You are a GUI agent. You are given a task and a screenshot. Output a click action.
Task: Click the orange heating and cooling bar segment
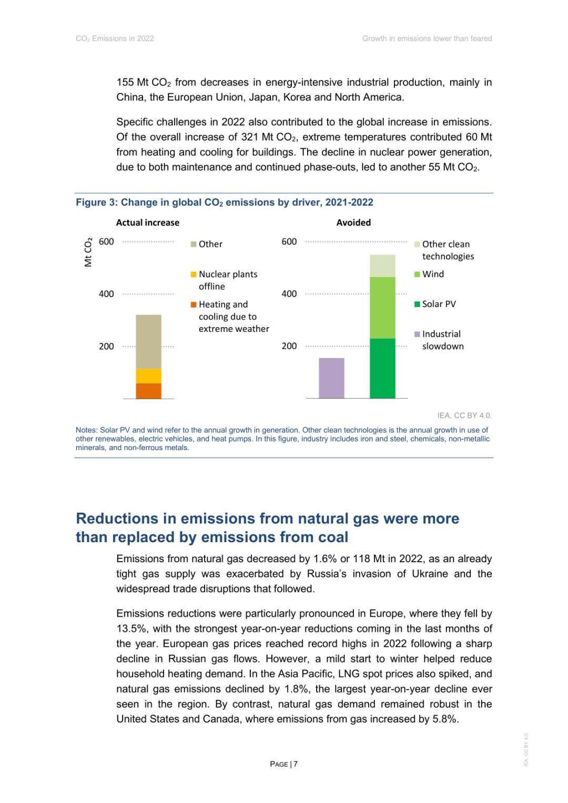pos(148,391)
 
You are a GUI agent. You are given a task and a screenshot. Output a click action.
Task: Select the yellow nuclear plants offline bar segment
pos(148,376)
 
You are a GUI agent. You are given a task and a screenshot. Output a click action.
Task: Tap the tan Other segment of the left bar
pos(148,342)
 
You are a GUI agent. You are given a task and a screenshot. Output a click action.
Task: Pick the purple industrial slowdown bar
pos(331,378)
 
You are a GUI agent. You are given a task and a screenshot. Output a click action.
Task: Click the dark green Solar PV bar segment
pos(382,368)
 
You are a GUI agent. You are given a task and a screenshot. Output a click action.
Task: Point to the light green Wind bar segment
pos(382,308)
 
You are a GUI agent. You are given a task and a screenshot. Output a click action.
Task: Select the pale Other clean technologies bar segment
pos(382,266)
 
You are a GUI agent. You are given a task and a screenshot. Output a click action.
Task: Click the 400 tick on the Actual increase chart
pos(106,294)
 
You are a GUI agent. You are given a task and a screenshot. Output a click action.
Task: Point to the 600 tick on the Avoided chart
pos(289,242)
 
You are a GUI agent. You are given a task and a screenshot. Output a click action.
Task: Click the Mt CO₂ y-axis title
pos(88,252)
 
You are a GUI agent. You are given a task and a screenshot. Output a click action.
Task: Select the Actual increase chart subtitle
pos(148,222)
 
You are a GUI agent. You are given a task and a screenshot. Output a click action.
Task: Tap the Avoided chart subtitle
pos(353,222)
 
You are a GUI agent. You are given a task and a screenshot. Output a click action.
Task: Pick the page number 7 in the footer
pos(296,764)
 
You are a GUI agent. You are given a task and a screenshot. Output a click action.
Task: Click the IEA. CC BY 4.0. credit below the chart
pos(464,415)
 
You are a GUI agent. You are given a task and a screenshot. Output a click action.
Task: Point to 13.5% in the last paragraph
pos(131,629)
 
